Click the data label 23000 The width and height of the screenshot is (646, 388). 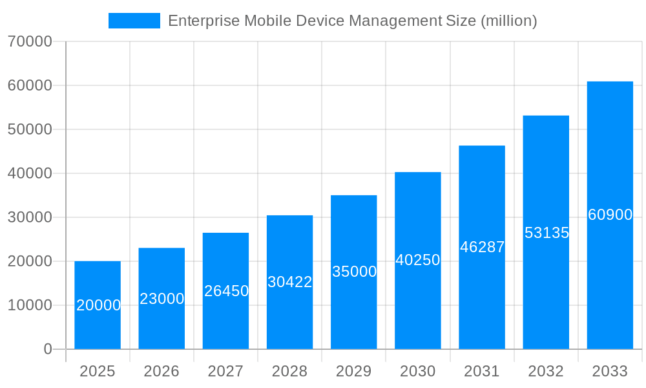point(161,299)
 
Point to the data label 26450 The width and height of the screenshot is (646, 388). point(226,291)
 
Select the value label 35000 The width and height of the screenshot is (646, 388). point(354,272)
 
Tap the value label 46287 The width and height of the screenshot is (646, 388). point(482,247)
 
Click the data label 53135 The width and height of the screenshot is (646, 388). point(547,233)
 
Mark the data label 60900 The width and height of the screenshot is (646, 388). point(610,215)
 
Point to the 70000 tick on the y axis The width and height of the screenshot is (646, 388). point(30,41)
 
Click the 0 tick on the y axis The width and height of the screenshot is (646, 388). point(47,349)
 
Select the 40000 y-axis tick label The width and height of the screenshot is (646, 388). point(30,173)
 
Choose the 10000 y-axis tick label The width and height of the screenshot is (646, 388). point(30,305)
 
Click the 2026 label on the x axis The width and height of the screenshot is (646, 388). point(161,371)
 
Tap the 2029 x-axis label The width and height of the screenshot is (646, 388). point(354,371)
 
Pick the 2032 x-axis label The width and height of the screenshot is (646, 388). point(546,371)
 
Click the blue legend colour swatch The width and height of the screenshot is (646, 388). point(134,21)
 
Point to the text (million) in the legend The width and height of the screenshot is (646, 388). point(508,21)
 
